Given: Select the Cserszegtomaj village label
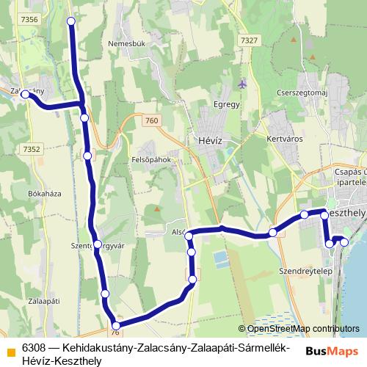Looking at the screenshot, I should coord(302,92).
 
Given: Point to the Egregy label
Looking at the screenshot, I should coord(227,104).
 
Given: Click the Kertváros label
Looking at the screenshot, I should coord(286,138).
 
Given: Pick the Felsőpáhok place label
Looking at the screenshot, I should coord(150,159).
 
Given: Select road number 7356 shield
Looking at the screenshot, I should coord(29,20).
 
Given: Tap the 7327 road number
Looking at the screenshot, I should coord(250,40).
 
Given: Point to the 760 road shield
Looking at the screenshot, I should coord(151,120).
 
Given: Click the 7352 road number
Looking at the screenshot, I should coord(31,148).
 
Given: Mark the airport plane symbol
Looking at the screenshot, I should coord(243,84).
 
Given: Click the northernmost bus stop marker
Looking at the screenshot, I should coord(71,21).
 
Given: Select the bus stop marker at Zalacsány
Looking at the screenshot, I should coord(26,95).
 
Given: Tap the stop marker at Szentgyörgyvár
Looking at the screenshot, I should coord(98,244).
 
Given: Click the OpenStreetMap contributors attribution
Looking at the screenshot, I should coord(299,329).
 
